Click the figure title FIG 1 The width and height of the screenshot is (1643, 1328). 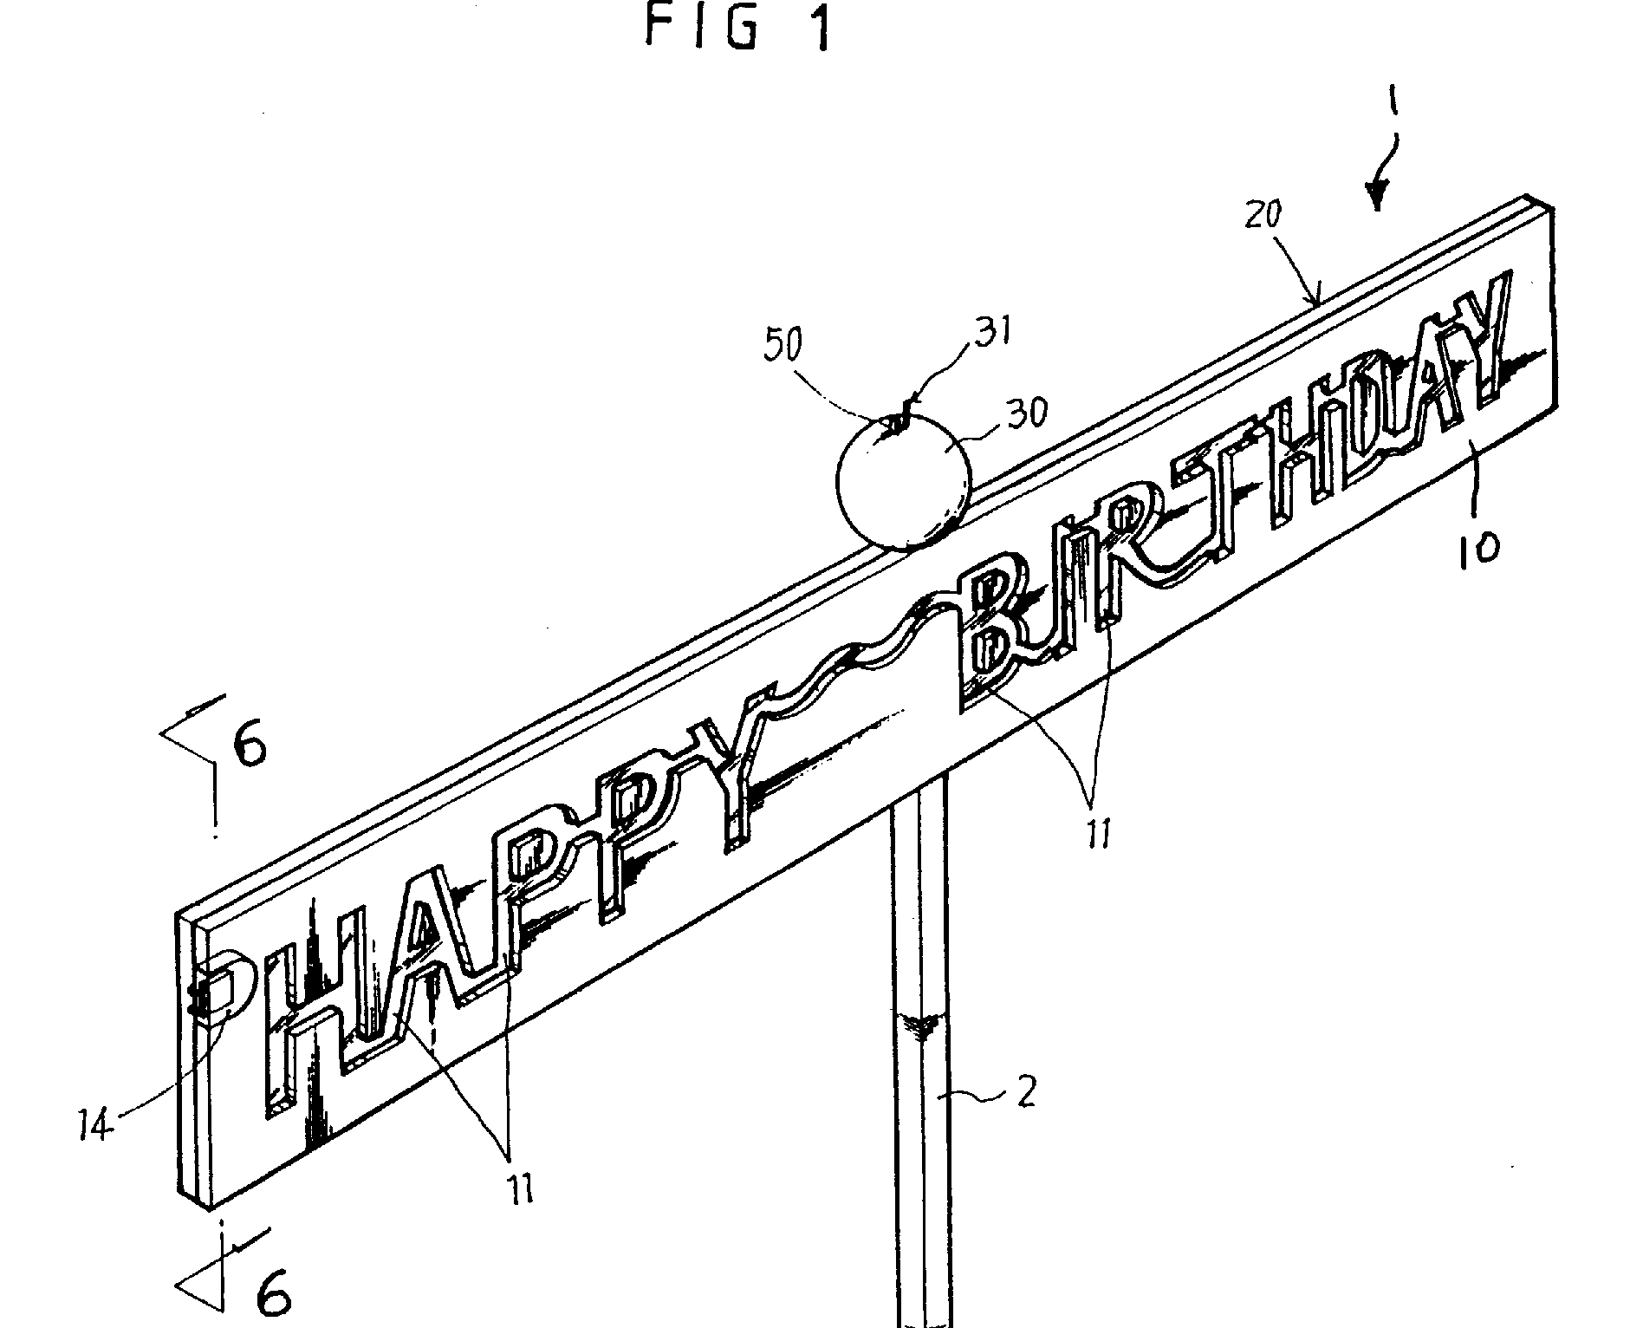click(737, 29)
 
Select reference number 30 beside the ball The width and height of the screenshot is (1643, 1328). click(1025, 412)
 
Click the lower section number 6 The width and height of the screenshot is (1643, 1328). click(273, 1297)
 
